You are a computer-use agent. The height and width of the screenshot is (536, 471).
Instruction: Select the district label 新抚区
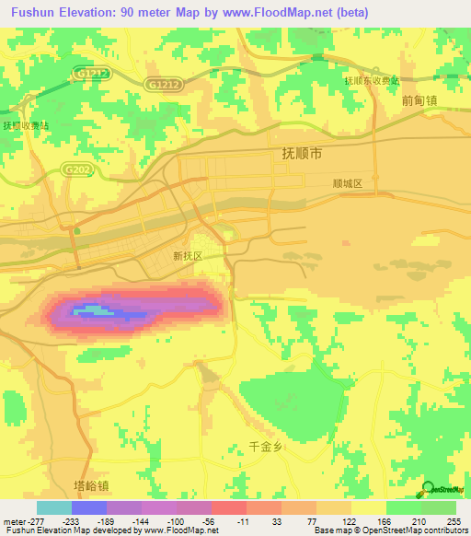coord(187,257)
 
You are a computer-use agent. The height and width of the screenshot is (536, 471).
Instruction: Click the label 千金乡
coord(268,445)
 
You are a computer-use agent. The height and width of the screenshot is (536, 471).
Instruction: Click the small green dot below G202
coord(77,231)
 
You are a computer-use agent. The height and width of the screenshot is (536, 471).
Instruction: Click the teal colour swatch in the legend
coord(54,507)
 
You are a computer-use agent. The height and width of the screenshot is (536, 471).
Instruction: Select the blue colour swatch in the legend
coord(89,507)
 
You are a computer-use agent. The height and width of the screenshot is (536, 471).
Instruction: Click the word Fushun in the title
coord(27,13)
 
